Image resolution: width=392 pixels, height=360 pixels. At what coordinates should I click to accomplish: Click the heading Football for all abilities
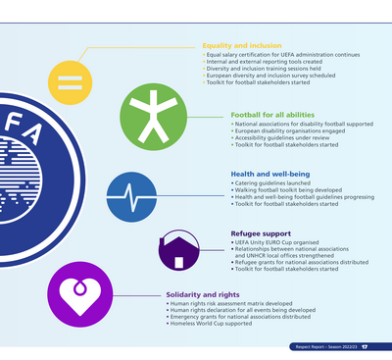[271, 116]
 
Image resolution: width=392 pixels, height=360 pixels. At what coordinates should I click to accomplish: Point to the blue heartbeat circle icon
[130, 193]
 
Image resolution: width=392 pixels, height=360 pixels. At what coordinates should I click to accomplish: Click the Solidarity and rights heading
[203, 294]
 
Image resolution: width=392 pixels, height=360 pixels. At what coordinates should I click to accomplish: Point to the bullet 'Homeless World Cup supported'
[212, 323]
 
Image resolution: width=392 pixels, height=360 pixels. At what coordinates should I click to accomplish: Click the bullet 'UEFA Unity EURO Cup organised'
[269, 242]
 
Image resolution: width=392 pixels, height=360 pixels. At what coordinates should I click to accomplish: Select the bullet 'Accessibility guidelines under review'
[286, 139]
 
